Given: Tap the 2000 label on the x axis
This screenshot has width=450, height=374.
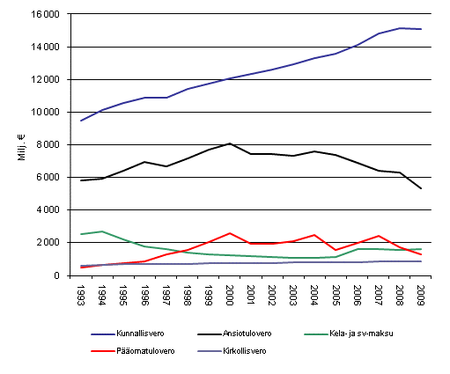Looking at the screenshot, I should [x=229, y=294].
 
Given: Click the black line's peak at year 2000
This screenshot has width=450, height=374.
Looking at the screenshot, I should [x=229, y=143].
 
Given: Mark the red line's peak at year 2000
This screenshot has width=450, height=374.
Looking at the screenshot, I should [x=229, y=233].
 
